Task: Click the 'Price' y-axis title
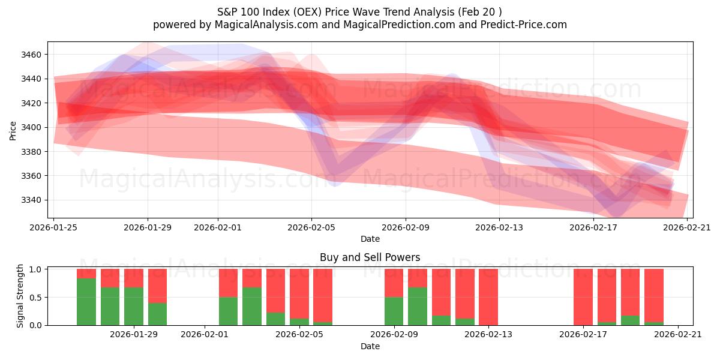point(13,130)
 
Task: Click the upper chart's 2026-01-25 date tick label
point(54,227)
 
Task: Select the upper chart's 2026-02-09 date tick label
point(406,227)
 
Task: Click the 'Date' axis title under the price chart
point(370,239)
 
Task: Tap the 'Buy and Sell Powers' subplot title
point(370,257)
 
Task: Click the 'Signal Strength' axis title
point(20,296)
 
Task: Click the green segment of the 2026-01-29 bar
point(157,314)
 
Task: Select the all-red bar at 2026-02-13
point(488,297)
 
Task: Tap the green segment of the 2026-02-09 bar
point(394,311)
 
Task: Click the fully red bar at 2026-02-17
point(583,297)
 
